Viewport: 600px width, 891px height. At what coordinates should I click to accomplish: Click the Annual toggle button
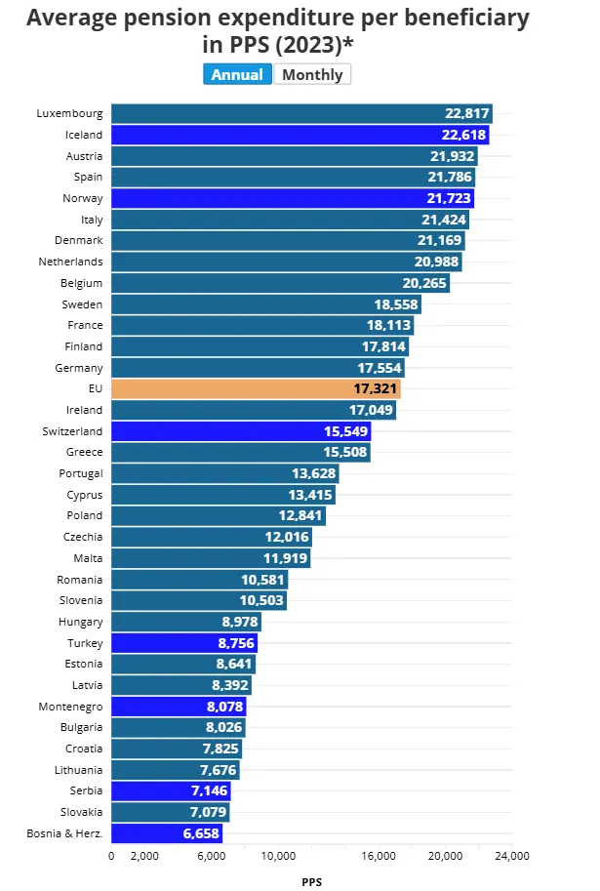pos(237,74)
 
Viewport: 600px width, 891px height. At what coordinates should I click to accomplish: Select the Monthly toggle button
pos(312,74)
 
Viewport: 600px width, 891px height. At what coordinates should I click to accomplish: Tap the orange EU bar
pos(256,388)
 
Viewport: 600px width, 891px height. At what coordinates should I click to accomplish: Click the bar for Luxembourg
pos(301,113)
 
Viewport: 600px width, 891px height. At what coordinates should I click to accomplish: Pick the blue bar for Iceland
pos(300,135)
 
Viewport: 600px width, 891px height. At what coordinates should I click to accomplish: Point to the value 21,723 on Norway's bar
pos(449,198)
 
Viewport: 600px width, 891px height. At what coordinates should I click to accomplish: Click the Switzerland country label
pos(72,430)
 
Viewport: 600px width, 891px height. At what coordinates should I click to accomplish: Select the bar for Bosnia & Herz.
pos(167,832)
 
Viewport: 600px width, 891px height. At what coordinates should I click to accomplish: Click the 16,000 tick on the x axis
pos(379,856)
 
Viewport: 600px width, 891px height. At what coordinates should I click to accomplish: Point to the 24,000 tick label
pos(511,856)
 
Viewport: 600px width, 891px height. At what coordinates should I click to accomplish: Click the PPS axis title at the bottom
pos(311,881)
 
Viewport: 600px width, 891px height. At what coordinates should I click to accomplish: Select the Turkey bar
pos(184,642)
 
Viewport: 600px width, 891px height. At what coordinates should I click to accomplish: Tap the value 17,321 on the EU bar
pos(376,388)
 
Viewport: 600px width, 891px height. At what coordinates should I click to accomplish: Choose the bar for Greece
pos(241,452)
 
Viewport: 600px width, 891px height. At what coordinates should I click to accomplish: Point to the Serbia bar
pos(171,790)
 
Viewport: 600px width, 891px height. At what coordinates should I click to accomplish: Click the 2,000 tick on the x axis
pos(144,856)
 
